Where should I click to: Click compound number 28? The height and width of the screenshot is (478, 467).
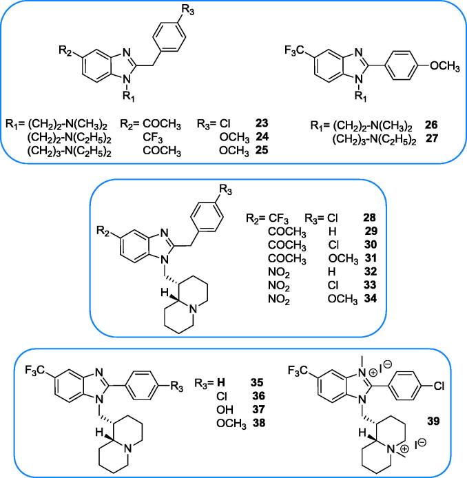[x=359, y=218]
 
